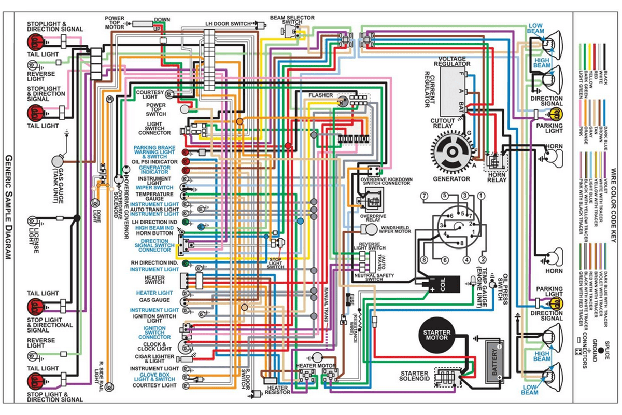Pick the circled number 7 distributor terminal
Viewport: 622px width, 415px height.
[425, 196]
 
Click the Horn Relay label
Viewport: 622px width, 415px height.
[496, 178]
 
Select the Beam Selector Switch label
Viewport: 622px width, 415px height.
[292, 20]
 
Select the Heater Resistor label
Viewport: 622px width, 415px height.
[278, 391]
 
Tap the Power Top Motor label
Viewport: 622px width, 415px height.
[115, 23]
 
